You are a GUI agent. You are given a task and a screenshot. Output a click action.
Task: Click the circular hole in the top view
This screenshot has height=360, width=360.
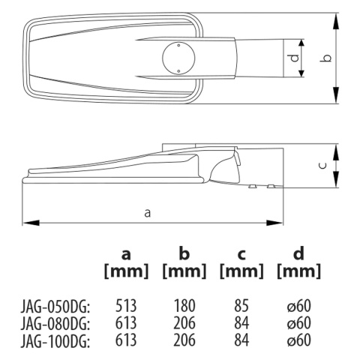click(x=178, y=58)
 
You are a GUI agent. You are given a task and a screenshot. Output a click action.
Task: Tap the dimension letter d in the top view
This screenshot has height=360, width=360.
click(x=295, y=58)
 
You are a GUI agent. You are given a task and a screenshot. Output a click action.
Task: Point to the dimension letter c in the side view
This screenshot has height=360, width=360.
click(x=323, y=166)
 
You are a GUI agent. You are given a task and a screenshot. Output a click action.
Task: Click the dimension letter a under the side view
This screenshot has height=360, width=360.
click(x=148, y=213)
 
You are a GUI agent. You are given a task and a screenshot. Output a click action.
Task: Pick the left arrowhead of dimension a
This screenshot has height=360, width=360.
click(x=31, y=223)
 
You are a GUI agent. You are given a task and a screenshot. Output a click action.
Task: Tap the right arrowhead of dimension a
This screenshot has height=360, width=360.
click(x=274, y=223)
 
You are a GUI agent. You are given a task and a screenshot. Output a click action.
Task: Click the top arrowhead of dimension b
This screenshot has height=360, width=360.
click(x=336, y=22)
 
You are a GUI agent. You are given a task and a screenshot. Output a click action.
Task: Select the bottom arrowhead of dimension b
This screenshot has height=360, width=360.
click(x=336, y=94)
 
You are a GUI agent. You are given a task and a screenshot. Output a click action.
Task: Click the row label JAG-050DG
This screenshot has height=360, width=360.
click(x=55, y=307)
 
